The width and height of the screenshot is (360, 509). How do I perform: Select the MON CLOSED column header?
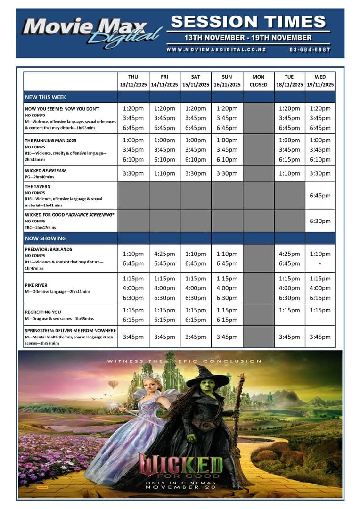point(258,81)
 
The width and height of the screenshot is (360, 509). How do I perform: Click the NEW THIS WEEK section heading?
point(46,97)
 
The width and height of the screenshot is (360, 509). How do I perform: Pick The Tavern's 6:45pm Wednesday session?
point(320,196)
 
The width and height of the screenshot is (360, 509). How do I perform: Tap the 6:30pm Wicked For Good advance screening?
point(320,221)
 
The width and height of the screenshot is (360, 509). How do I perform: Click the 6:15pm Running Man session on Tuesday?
point(289,159)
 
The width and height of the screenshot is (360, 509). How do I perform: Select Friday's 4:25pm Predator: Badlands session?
point(164,254)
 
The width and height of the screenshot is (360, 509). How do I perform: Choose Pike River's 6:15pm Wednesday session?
point(320,298)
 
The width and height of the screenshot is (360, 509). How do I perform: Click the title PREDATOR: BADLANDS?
point(49,249)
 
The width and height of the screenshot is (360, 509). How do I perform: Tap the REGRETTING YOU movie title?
point(43,312)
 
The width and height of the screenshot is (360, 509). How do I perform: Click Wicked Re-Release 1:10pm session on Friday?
point(164,173)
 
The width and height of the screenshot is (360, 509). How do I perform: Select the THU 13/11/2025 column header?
point(133,81)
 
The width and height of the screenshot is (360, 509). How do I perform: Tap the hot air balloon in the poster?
point(113,385)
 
